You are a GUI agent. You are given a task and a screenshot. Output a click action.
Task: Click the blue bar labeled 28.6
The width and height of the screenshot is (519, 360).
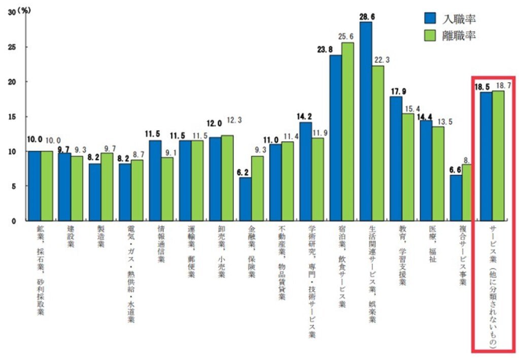tap(365, 122)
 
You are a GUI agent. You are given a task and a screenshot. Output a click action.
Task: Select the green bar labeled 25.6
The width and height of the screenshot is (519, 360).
tap(348, 132)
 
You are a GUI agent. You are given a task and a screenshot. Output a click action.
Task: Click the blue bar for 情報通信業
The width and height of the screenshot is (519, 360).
tap(155, 181)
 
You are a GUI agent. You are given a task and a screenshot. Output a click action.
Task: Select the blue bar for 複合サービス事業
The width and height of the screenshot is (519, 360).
tap(456, 198)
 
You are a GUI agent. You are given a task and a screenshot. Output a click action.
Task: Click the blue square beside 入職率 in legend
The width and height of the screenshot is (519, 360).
tap(430, 19)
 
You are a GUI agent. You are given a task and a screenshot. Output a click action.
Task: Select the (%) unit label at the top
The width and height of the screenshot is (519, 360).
tap(24, 10)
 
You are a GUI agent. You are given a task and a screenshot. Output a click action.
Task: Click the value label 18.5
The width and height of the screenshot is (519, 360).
tap(482, 87)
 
